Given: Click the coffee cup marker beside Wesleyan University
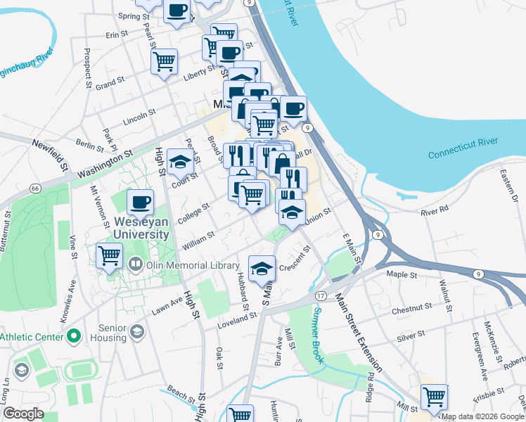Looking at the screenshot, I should click(140, 202).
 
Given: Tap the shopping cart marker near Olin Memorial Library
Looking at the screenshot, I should click(109, 255).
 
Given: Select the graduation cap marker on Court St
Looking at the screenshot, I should click(181, 161).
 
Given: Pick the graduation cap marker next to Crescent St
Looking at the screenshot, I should click(262, 267).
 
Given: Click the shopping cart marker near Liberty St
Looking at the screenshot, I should click(164, 60).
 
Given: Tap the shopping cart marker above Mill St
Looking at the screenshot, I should click(434, 396).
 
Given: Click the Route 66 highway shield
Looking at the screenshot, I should click(34, 188).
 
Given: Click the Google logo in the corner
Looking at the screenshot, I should click(24, 414).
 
